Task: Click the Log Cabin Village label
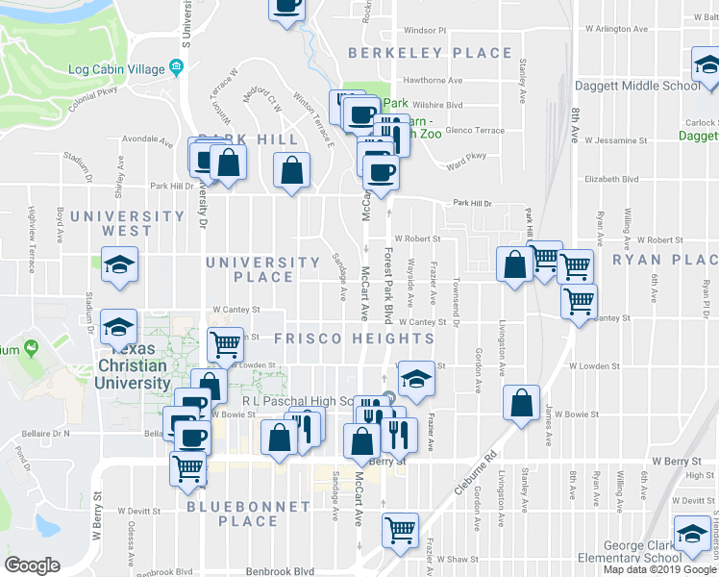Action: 116,69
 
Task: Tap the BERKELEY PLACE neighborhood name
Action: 430,53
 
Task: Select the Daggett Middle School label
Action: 637,86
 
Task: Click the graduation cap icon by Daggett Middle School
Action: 707,66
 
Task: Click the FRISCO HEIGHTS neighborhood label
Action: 354,339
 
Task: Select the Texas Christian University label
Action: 132,365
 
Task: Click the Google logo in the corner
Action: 32,565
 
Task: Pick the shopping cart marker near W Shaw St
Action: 399,529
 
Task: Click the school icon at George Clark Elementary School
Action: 691,535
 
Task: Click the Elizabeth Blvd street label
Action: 611,179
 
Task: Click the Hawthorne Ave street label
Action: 433,81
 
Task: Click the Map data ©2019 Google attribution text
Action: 659,569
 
